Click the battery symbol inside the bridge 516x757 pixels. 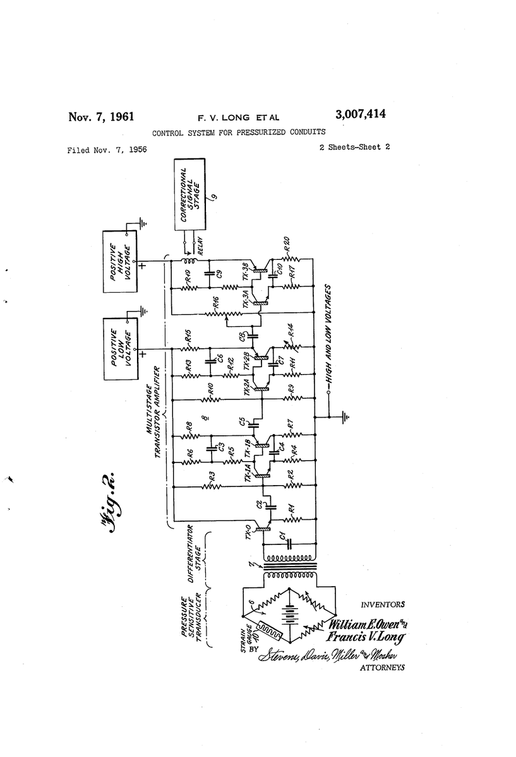click(290, 613)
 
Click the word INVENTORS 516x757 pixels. click(383, 604)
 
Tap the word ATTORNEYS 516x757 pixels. click(382, 667)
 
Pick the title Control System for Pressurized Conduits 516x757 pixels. click(239, 132)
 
